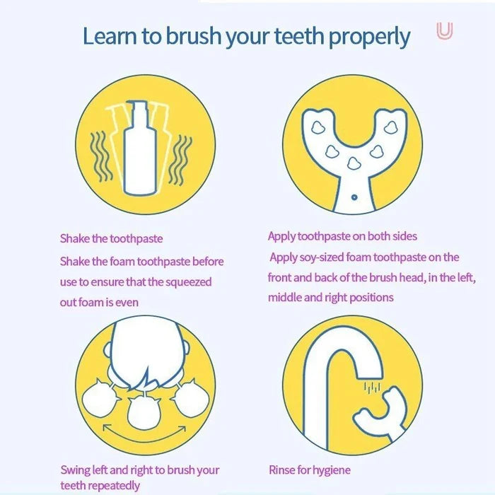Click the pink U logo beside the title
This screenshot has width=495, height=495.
point(444,32)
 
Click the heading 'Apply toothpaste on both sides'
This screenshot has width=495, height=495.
point(342,236)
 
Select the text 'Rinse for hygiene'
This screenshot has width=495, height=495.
point(309,470)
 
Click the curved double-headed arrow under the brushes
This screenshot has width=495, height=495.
point(146,428)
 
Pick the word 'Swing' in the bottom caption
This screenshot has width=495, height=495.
point(75,470)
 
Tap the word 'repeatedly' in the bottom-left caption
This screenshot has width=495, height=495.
point(115,485)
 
